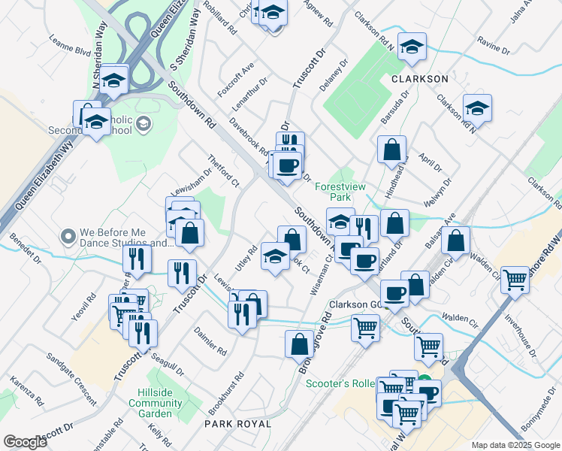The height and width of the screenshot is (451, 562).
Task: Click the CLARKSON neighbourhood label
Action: [x=419, y=78]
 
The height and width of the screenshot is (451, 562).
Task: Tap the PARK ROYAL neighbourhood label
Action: [x=237, y=424]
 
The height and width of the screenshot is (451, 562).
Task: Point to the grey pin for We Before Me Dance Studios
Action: [x=68, y=237]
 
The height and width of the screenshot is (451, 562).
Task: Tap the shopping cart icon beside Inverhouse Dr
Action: [x=515, y=280]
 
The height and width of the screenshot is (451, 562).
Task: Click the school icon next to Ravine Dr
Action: [x=412, y=47]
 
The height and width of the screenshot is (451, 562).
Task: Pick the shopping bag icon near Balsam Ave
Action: [x=455, y=241]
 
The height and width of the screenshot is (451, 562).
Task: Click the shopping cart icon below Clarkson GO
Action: [x=365, y=328]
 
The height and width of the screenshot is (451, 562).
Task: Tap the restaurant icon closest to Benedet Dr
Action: [x=137, y=259]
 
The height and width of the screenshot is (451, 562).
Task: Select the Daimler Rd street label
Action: [x=210, y=341]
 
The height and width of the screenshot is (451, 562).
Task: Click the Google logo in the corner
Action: [x=25, y=442]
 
